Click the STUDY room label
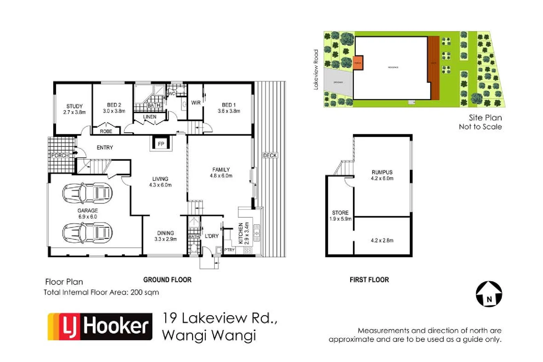click(74, 106)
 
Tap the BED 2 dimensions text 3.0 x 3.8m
click(114, 111)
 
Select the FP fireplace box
click(161, 144)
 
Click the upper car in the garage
click(87, 193)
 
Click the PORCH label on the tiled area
click(60, 156)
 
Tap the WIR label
click(196, 103)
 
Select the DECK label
click(270, 156)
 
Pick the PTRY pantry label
click(230, 250)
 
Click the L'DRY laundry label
click(212, 236)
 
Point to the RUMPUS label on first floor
click(382, 172)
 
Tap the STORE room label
click(340, 213)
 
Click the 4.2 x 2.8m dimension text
click(382, 240)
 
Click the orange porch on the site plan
click(358, 63)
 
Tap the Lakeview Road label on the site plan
click(316, 70)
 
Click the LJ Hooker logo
click(100, 326)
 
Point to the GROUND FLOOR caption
click(167, 280)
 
